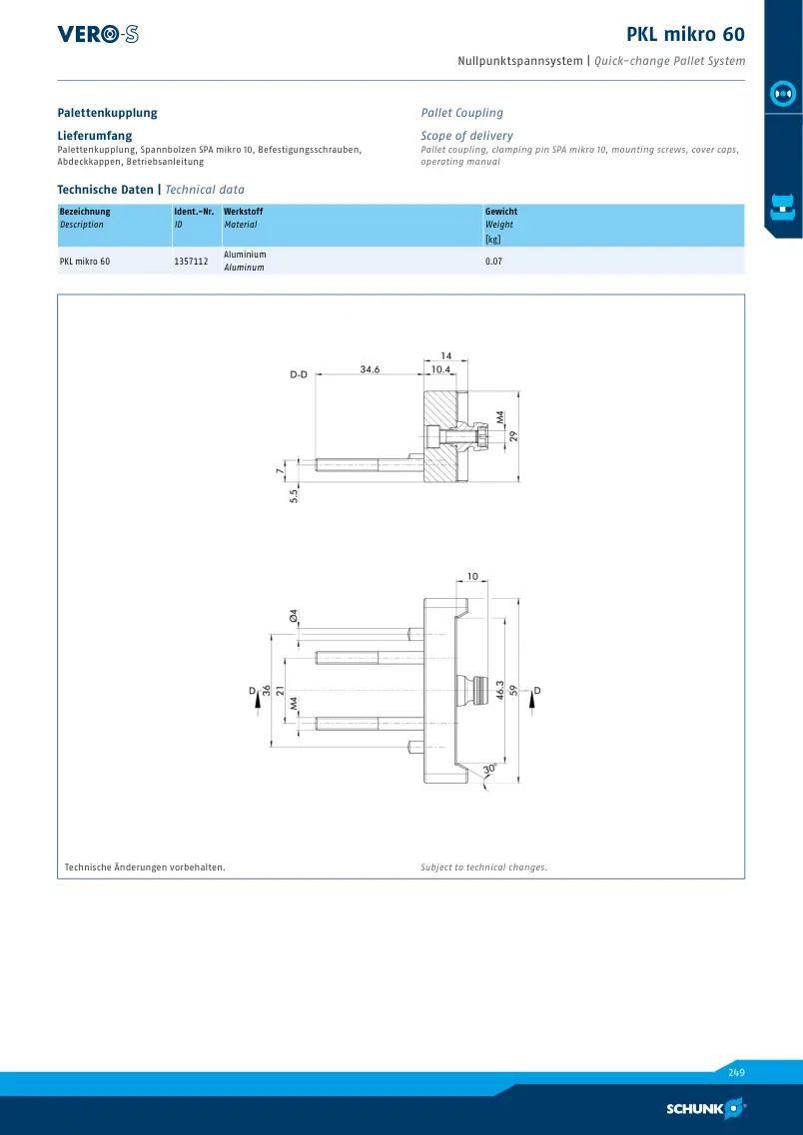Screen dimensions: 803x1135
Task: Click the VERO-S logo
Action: pos(98,34)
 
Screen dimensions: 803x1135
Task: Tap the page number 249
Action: pos(736,1073)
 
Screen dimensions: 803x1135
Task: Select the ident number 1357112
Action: pos(191,262)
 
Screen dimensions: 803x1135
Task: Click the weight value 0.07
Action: pos(493,262)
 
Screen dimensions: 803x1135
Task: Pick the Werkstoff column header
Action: pos(244,212)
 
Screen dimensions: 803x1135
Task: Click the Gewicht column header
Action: pos(501,212)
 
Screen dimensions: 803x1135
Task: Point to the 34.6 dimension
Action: pos(370,369)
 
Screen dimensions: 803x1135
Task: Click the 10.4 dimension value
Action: pos(441,369)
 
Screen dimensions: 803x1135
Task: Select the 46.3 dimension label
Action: pos(499,690)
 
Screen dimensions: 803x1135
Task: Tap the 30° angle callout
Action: pos(489,768)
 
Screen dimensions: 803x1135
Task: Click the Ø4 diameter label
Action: pos(294,616)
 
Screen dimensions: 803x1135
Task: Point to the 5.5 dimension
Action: pos(294,496)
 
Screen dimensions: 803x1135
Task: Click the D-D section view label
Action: pos(299,375)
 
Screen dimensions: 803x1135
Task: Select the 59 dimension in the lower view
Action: pos(514,690)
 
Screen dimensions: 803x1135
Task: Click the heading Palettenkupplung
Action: pos(107,113)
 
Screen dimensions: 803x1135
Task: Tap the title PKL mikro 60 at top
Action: pos(685,34)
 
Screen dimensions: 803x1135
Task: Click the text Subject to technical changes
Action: pos(483,867)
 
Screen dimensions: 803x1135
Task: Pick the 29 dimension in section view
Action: pos(513,436)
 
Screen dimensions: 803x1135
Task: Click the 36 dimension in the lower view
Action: pos(266,691)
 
